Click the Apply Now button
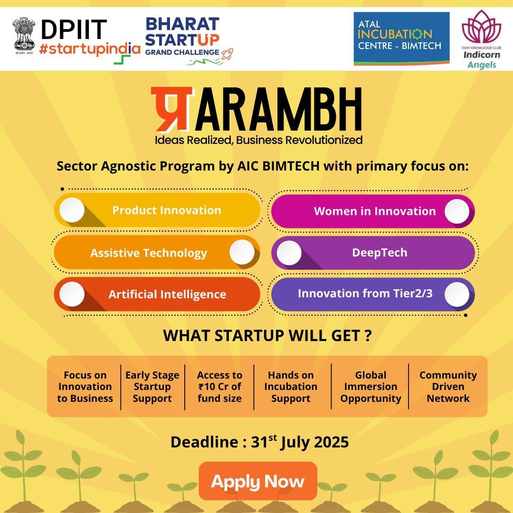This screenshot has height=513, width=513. [x=258, y=481]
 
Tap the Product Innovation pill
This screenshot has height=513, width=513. [x=157, y=210]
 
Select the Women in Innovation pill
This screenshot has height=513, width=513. [x=373, y=211]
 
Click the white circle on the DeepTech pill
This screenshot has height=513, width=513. [x=289, y=253]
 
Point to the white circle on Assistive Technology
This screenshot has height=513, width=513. [x=242, y=252]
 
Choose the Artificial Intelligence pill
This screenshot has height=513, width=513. [x=157, y=294]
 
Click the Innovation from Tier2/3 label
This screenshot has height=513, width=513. [x=365, y=293]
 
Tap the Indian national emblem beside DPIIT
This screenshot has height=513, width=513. [x=24, y=35]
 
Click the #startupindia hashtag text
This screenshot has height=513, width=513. [x=90, y=49]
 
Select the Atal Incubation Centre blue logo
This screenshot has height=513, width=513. [x=401, y=38]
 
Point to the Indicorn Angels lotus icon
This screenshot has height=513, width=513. [x=481, y=29]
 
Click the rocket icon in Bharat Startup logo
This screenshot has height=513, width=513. [x=227, y=54]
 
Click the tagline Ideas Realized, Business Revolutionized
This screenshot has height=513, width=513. [x=258, y=140]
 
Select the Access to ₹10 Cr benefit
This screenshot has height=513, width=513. [x=219, y=386]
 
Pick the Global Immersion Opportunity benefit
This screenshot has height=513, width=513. [x=370, y=386]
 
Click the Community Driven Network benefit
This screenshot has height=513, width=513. [x=448, y=386]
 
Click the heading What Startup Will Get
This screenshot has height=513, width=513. [x=267, y=335]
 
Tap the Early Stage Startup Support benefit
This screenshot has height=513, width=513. [x=152, y=386]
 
